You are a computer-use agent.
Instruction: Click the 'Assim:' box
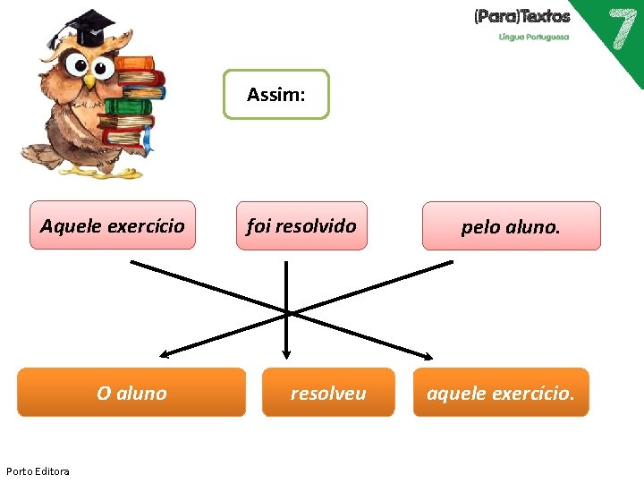(275, 95)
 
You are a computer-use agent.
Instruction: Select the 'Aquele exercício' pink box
(113, 225)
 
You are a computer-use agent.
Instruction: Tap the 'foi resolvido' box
(301, 225)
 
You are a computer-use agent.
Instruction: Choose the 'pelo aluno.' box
(511, 226)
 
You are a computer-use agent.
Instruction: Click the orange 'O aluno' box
(131, 393)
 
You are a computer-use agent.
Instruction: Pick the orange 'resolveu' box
(327, 393)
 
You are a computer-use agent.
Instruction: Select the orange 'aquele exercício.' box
(501, 393)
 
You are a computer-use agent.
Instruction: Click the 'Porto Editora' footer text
(38, 471)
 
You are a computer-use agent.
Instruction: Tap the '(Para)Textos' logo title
(521, 16)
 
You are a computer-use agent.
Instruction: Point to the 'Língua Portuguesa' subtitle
(533, 38)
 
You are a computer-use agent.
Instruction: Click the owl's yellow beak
(89, 79)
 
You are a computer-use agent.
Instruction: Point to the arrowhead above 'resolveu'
(286, 352)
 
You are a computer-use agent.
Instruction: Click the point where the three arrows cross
(287, 311)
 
